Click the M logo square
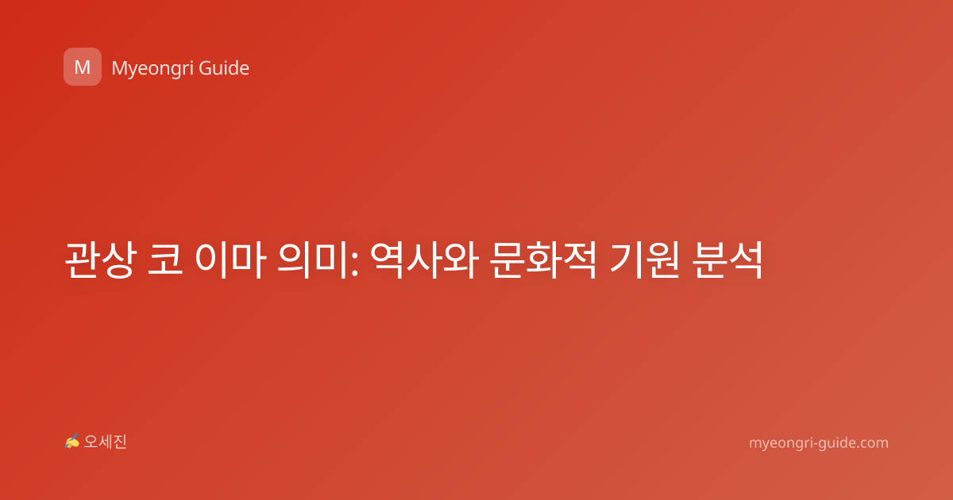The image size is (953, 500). pos(83,67)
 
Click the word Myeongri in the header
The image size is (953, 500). pos(152,69)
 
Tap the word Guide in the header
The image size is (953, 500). pos(224,67)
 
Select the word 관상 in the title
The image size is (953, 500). pos(100,260)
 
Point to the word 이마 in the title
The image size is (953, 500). pos(230,260)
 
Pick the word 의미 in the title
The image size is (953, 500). pos(312,260)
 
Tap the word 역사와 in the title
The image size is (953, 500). pos(424,260)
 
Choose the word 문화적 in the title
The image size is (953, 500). pos(543,260)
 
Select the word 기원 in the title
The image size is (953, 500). pos(644,260)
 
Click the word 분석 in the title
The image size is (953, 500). pos(727,260)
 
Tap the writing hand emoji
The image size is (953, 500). pos(72,441)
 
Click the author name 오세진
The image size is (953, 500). pos(105,442)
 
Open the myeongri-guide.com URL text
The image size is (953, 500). pos(819,443)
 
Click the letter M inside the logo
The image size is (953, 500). pos(83,67)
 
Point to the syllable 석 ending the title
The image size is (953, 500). pos(746,260)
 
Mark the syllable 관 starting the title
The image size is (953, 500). pos(82,260)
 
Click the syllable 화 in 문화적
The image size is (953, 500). pos(543,260)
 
